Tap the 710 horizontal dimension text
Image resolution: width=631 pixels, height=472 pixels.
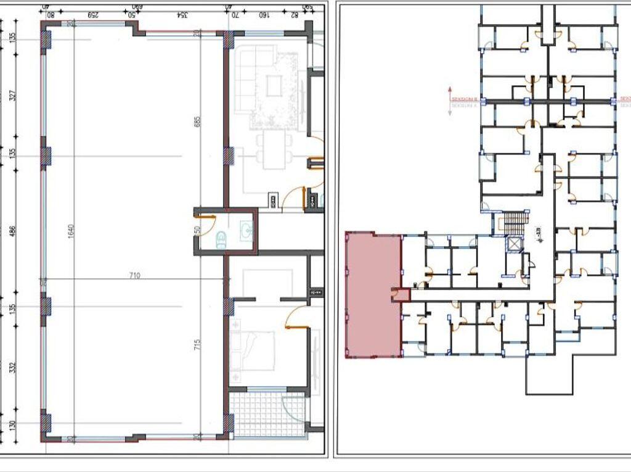tap(134, 275)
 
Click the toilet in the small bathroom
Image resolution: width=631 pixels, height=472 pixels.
tap(221, 239)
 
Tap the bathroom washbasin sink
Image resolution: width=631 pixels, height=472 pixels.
tap(247, 230)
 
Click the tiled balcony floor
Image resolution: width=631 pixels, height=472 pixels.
tap(266, 415)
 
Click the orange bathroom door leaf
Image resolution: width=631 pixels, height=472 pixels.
tap(204, 217)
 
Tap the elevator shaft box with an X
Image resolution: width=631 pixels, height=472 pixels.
tap(513, 244)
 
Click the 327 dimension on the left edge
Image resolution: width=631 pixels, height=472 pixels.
tap(12, 96)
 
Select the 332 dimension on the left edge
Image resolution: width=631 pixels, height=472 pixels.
tap(12, 368)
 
